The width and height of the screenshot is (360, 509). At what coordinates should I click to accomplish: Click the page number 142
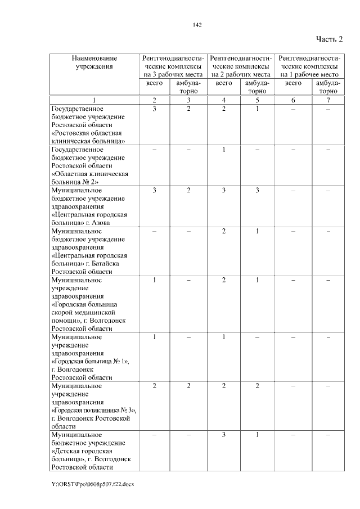pos(197,25)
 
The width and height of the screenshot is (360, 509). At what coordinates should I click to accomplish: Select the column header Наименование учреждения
pos(94,62)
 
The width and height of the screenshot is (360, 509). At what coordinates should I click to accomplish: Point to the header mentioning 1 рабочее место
pos(310,66)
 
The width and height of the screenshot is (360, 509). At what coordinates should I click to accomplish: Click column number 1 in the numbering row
pos(94,100)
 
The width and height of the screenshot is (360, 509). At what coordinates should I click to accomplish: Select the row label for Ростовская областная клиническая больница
pos(88,125)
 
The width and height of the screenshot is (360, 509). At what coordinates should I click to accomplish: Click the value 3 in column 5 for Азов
pos(257,191)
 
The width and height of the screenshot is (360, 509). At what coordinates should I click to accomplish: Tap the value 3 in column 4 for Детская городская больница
pos(224,435)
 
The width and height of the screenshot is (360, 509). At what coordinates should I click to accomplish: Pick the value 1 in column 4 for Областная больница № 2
pos(224,150)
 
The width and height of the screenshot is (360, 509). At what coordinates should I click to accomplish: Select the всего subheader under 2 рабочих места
pos(224,83)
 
